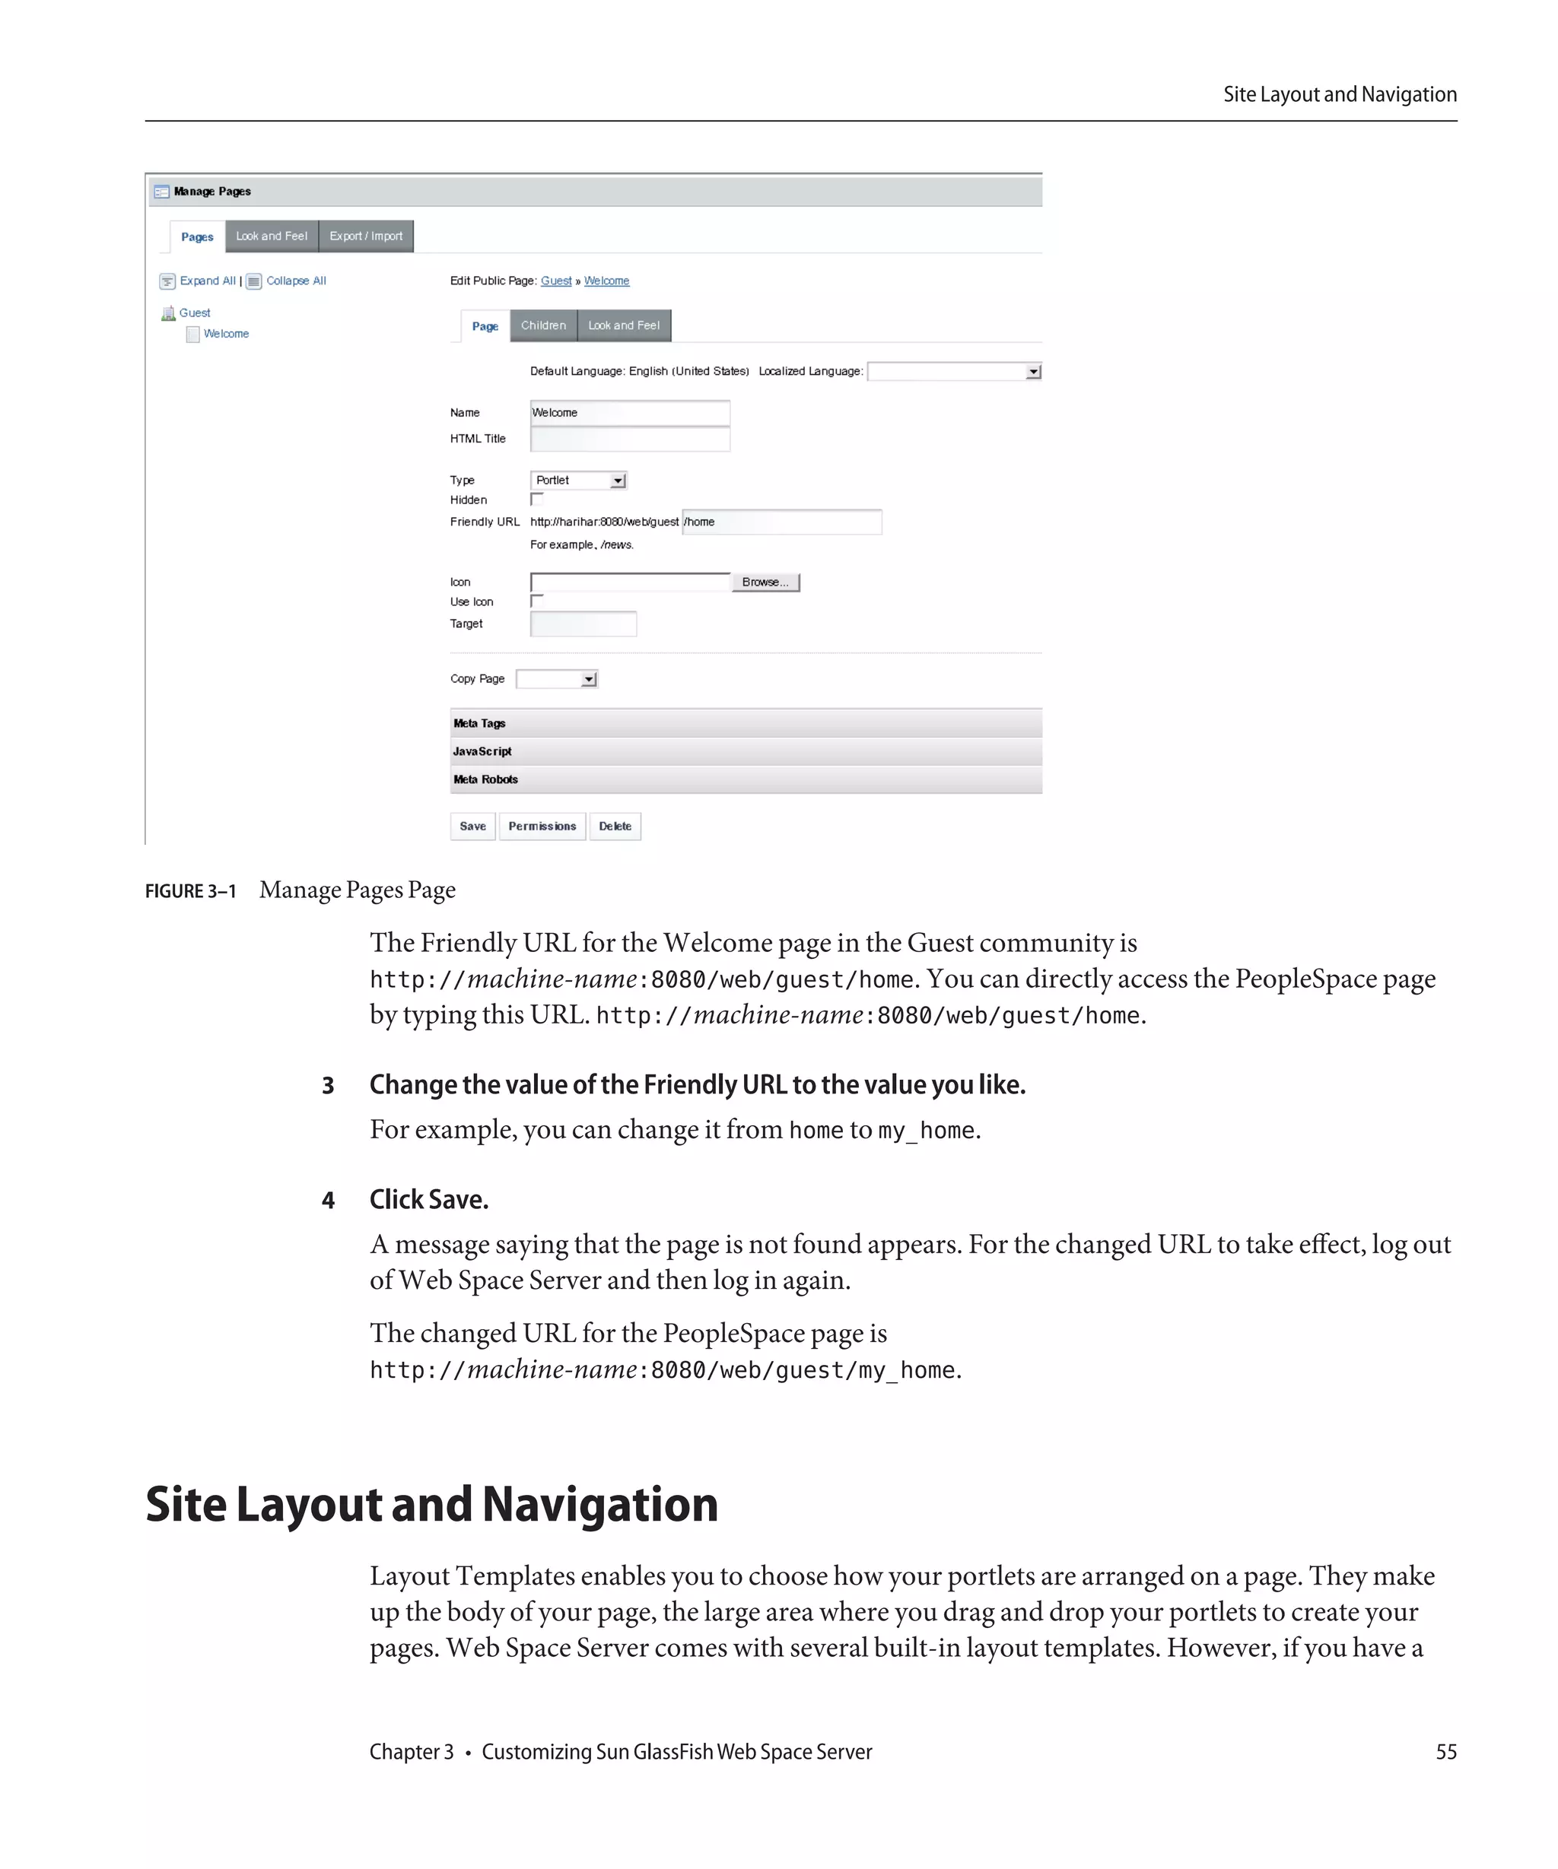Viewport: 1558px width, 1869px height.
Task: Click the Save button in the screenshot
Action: click(472, 826)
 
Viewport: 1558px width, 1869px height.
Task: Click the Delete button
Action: click(614, 826)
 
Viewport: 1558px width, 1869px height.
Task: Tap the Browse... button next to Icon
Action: click(765, 582)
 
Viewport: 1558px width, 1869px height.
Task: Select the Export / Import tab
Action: click(366, 236)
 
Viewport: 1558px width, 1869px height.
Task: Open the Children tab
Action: click(543, 325)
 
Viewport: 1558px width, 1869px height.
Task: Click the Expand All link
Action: click(207, 281)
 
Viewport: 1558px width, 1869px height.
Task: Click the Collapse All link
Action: click(296, 281)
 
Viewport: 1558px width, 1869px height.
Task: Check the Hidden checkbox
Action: click(537, 500)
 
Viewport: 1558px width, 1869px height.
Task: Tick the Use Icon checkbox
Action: click(537, 601)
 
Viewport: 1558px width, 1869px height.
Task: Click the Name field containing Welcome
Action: click(629, 412)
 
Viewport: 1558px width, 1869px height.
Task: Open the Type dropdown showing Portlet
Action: click(579, 481)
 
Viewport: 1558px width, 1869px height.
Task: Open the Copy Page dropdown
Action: click(556, 679)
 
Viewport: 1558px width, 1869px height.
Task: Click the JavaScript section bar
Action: click(746, 751)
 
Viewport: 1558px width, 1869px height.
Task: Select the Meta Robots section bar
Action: click(746, 779)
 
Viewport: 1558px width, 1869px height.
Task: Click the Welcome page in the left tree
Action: click(225, 334)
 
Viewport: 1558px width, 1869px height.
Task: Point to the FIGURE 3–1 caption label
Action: click(190, 891)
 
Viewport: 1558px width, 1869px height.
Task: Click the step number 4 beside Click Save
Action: click(328, 1201)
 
